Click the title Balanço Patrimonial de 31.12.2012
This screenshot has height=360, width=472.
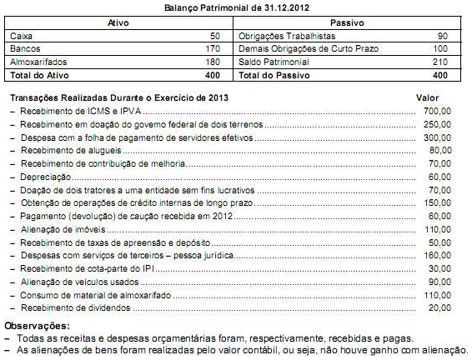236,7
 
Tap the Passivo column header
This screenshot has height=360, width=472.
354,22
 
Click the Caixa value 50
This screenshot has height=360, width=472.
215,37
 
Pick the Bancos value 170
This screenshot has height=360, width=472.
212,50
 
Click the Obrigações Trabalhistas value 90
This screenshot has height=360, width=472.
443,37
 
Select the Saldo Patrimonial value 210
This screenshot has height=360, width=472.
440,62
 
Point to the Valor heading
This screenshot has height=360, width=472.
427,97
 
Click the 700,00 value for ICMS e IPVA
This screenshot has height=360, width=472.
436,110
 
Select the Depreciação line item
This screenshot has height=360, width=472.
41,177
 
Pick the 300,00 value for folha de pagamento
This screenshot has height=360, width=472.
436,137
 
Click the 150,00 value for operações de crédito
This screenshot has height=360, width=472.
436,202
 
